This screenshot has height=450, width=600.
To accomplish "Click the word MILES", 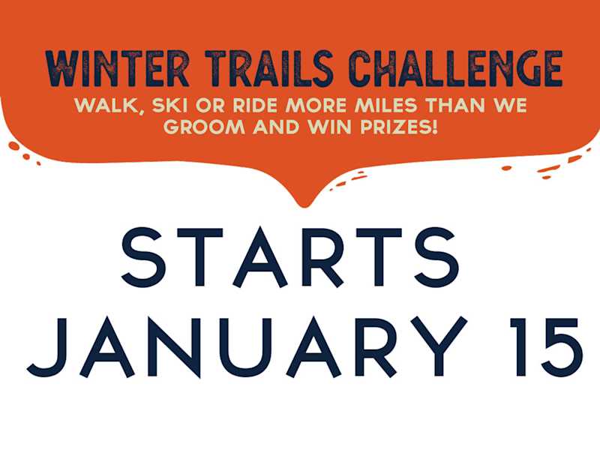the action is coord(386,106).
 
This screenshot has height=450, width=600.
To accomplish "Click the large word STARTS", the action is coord(290,257).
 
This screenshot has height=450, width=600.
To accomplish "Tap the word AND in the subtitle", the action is coord(275,127).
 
